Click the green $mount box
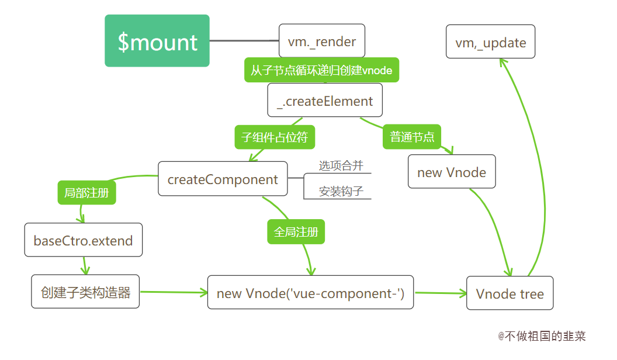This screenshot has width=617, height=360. coord(157,41)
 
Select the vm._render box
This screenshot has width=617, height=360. coord(322,41)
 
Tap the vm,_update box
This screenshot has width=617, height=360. coord(491,41)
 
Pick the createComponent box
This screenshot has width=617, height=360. coord(223,179)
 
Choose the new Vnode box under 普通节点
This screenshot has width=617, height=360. coord(452,172)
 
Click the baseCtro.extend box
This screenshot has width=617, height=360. coord(83,240)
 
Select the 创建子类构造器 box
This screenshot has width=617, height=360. coord(85,292)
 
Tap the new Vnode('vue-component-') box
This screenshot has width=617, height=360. coord(310,292)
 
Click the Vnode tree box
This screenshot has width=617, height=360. coord(509,293)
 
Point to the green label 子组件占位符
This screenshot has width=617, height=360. coord(275,137)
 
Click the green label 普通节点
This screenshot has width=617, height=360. coord(412,137)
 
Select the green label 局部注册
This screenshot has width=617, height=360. coord(86,192)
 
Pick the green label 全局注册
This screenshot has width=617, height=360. coord(296,231)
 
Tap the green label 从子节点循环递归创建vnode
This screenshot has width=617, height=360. coord(321,70)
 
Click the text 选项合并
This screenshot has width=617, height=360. coord(341,166)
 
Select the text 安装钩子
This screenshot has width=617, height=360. coord(341,191)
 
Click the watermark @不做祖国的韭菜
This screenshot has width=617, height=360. coord(542,336)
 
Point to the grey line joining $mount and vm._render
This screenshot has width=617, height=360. coord(244,41)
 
